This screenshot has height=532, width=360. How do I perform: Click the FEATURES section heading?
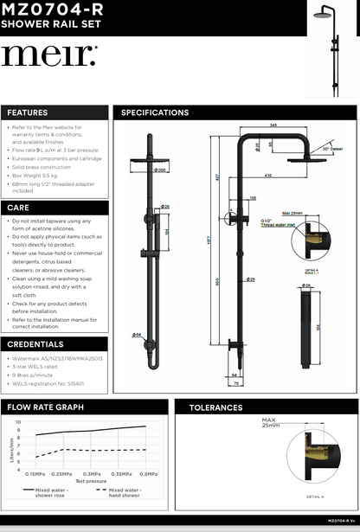[x=28, y=112]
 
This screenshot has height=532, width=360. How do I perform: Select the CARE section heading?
[x=18, y=208]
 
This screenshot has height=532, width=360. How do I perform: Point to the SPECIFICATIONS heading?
[x=155, y=112]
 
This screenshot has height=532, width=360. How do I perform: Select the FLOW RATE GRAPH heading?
[x=45, y=406]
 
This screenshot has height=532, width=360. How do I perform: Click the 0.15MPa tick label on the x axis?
[x=35, y=473]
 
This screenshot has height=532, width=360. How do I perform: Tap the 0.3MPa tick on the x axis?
[x=91, y=473]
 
